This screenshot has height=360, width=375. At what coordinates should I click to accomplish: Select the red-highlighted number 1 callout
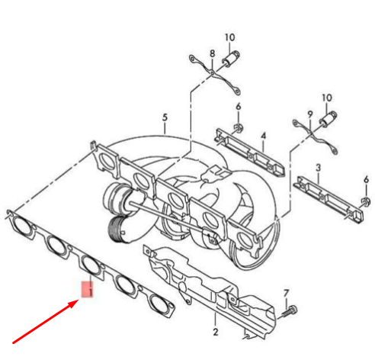coord(88,290)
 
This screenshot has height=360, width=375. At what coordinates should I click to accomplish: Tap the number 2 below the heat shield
coord(215,331)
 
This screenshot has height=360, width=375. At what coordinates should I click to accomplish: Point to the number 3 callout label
coord(318,166)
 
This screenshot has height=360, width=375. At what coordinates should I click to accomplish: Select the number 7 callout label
coord(287,294)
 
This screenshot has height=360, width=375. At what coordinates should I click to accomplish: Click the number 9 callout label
coord(310,114)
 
